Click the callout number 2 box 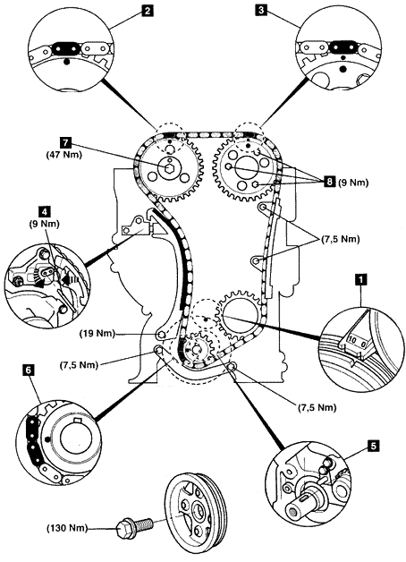[x=146, y=10]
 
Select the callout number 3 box [x=261, y=10]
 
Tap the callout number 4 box [x=44, y=211]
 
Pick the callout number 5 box [x=373, y=446]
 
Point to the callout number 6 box [x=28, y=370]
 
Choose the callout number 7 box [x=65, y=142]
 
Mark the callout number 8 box [x=329, y=183]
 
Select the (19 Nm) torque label [x=97, y=334]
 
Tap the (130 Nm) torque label [x=67, y=528]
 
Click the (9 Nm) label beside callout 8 [x=353, y=183]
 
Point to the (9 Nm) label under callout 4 [x=45, y=224]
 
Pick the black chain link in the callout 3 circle [x=342, y=47]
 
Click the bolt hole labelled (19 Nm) [x=161, y=335]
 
